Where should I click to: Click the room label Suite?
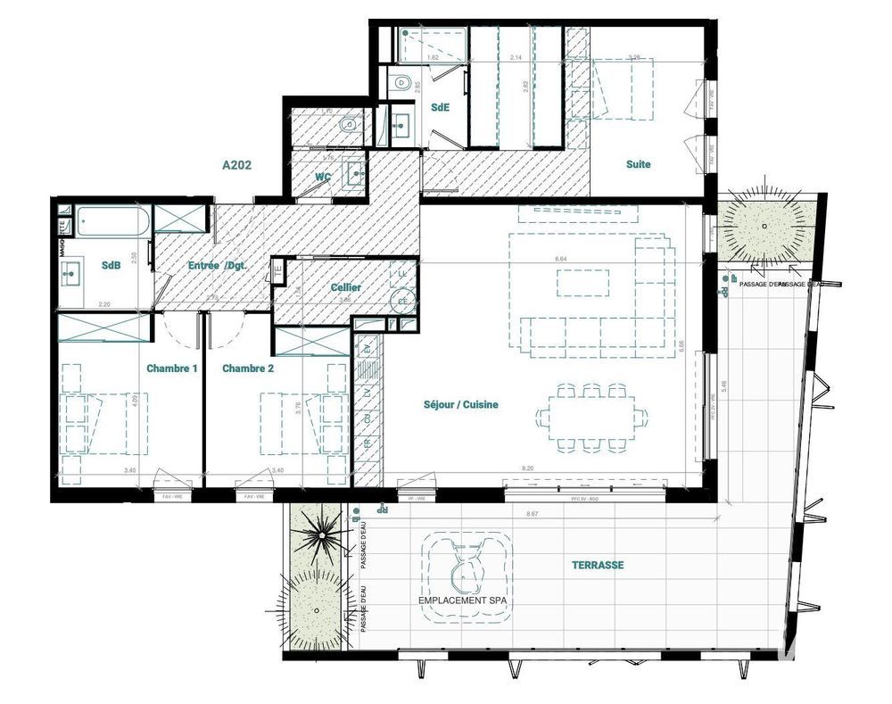pyautogui.click(x=638, y=164)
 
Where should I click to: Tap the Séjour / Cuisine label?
pyautogui.click(x=460, y=404)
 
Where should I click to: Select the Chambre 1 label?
pyautogui.click(x=171, y=369)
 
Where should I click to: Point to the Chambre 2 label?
pyautogui.click(x=247, y=369)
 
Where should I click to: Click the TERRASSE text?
pyautogui.click(x=599, y=565)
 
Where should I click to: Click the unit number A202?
pyautogui.click(x=237, y=165)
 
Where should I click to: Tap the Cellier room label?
pyautogui.click(x=346, y=287)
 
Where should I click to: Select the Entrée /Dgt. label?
pyautogui.click(x=217, y=266)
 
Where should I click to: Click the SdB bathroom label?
pyautogui.click(x=111, y=266)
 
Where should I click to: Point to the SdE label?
pyautogui.click(x=439, y=107)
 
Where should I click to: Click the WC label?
pyautogui.click(x=323, y=178)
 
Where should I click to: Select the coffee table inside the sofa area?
pyautogui.click(x=583, y=282)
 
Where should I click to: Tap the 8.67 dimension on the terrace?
pyautogui.click(x=533, y=515)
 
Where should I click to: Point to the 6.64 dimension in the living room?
pyautogui.click(x=562, y=259)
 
